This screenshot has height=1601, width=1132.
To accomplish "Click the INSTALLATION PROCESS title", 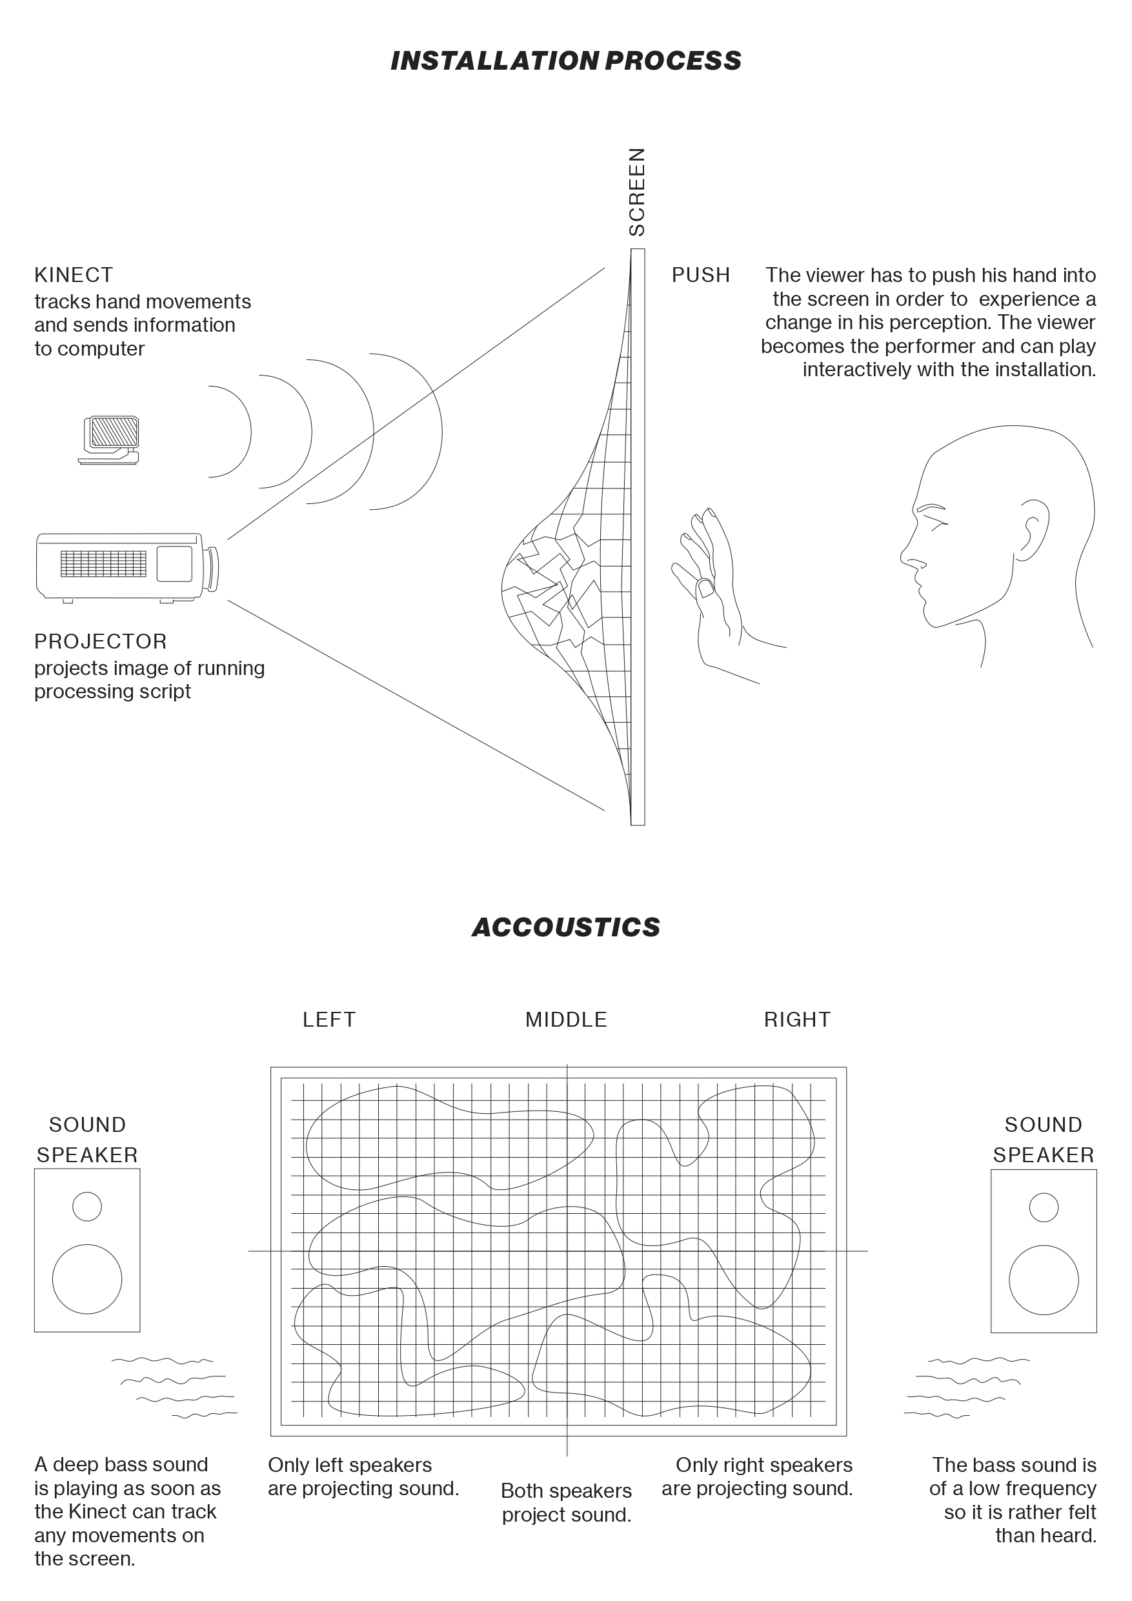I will (x=565, y=61).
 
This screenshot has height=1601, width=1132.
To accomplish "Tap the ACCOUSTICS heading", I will (x=565, y=927).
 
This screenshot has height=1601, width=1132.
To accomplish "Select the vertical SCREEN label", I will (x=638, y=192).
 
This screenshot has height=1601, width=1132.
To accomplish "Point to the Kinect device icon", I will (x=110, y=439).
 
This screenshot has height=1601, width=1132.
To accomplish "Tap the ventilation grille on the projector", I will (x=103, y=563).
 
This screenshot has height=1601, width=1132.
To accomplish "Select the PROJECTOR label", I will (x=101, y=641).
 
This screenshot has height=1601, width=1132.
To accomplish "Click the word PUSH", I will (x=700, y=275).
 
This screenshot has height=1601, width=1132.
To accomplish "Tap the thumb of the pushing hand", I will (x=706, y=589).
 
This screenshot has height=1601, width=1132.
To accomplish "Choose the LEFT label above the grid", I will (x=328, y=1020).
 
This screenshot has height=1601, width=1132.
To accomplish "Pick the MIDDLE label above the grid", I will (x=565, y=1020).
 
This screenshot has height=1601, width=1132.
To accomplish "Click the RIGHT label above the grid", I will (x=796, y=1020).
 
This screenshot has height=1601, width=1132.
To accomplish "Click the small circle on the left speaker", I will (x=87, y=1205).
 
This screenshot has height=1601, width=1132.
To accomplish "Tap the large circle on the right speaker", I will (x=1043, y=1280).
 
